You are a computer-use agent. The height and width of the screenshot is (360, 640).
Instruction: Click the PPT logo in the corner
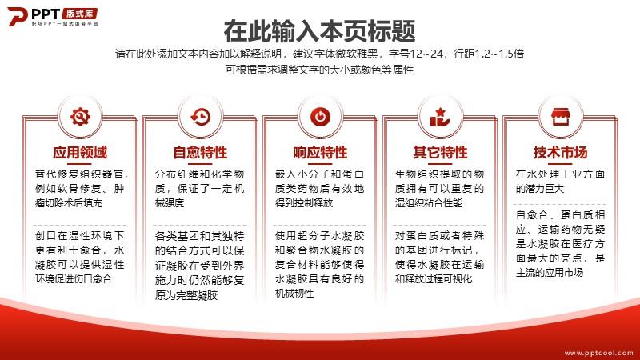[53, 16]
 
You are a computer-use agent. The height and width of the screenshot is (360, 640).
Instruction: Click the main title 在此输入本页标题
[319, 31]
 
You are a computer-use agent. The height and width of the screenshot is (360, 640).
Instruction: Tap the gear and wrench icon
[80, 117]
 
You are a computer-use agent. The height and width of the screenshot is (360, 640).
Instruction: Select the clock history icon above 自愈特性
[201, 117]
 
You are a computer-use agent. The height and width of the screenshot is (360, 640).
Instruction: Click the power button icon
[321, 117]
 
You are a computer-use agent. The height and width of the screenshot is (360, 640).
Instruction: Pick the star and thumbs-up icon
[440, 117]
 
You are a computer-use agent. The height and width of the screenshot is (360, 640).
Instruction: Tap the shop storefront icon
[561, 117]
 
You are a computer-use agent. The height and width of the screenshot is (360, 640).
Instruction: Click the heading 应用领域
[80, 152]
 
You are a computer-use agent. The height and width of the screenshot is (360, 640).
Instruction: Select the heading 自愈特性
[200, 152]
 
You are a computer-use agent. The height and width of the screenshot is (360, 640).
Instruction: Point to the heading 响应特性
[320, 152]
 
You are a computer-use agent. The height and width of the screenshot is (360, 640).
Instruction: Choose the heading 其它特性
[440, 152]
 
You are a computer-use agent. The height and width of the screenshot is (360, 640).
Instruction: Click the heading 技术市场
[560, 152]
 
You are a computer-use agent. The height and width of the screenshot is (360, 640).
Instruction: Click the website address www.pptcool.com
[598, 353]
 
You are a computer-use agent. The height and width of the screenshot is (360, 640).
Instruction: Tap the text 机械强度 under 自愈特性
[170, 203]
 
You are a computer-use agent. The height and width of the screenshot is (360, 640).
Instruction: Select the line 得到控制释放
[304, 203]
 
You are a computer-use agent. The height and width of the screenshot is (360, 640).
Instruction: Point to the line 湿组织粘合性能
[429, 203]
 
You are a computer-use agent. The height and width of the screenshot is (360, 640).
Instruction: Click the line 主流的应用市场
[550, 272]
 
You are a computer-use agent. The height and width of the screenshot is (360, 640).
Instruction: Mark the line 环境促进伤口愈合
[74, 278]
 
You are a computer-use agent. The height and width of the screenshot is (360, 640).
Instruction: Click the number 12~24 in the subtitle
[426, 54]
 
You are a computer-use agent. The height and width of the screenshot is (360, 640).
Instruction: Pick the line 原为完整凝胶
[186, 295]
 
